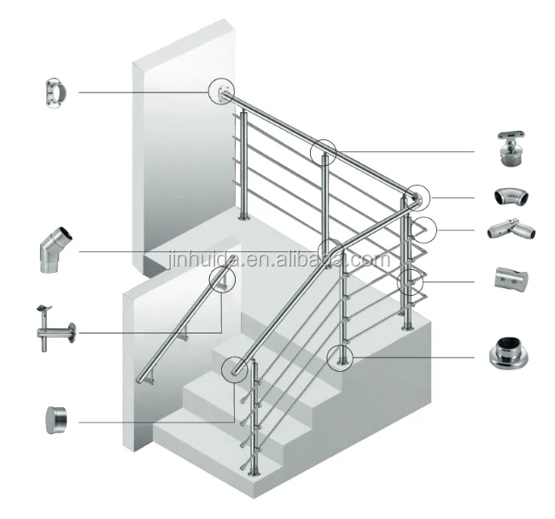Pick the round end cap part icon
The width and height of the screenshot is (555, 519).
pyautogui.click(x=56, y=420)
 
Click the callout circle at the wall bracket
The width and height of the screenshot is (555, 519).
pyautogui.click(x=221, y=91)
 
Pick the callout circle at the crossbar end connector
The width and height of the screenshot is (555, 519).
pyautogui.click(x=424, y=229)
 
